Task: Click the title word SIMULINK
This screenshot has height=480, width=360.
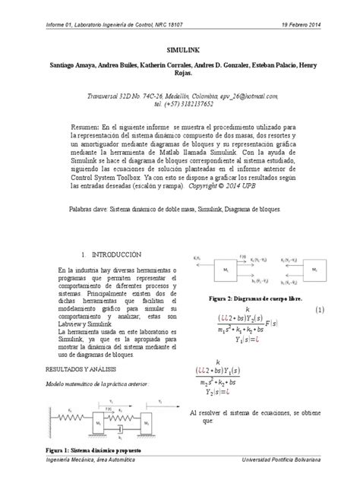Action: point(179,46)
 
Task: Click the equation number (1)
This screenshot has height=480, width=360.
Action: point(321,311)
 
